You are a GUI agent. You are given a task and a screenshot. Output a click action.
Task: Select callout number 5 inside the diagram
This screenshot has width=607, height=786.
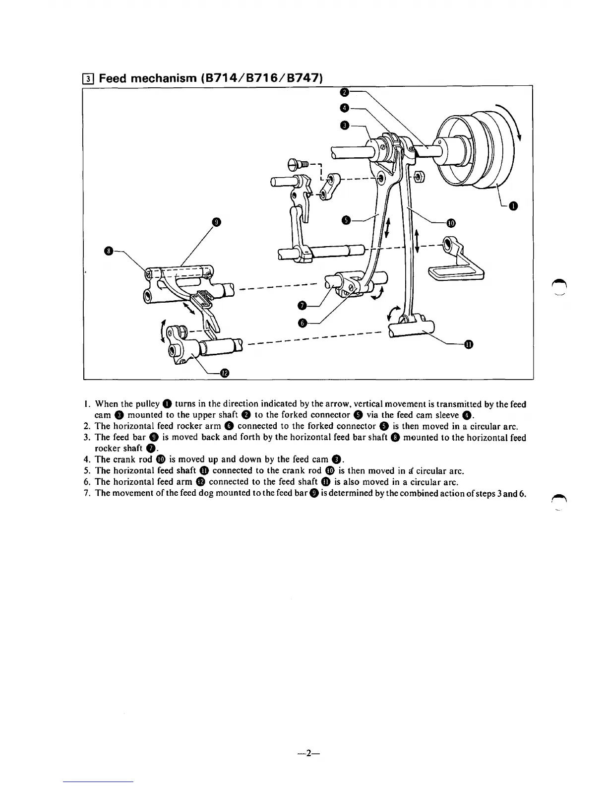click(347, 220)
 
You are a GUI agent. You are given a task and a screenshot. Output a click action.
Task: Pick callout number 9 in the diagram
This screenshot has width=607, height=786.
click(216, 222)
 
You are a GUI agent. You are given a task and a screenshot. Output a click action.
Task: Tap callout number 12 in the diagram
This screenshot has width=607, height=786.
click(224, 373)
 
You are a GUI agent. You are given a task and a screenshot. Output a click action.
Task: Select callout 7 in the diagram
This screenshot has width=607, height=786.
click(303, 305)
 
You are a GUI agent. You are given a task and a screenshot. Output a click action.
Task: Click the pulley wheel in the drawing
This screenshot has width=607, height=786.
click(474, 149)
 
